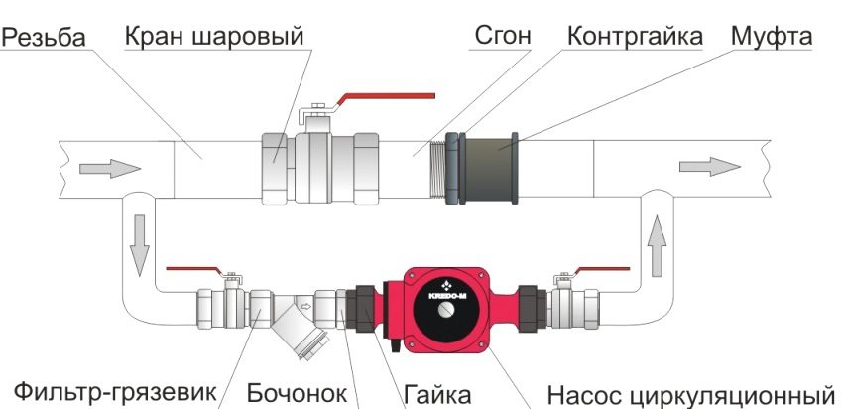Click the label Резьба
coord(44,38)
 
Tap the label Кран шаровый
coord(213,37)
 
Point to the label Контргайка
coord(635,37)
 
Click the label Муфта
coord(772,37)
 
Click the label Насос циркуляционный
coord(687,390)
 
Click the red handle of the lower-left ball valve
coord(194,268)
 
